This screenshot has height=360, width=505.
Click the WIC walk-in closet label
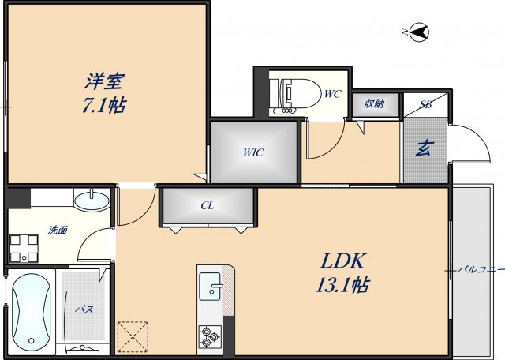253,152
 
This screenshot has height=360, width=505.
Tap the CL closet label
207,206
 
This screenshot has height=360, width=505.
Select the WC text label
332,94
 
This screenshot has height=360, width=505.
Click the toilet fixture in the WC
291,93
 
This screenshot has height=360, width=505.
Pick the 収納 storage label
374,103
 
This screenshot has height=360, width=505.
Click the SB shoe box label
425,103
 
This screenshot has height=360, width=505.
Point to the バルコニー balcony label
481,270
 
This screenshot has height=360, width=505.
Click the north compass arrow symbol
420,32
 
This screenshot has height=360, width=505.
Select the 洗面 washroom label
58,230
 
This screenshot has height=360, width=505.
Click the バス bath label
84,309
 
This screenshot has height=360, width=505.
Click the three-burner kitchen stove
210,337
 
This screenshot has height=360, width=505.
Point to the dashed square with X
131,336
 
